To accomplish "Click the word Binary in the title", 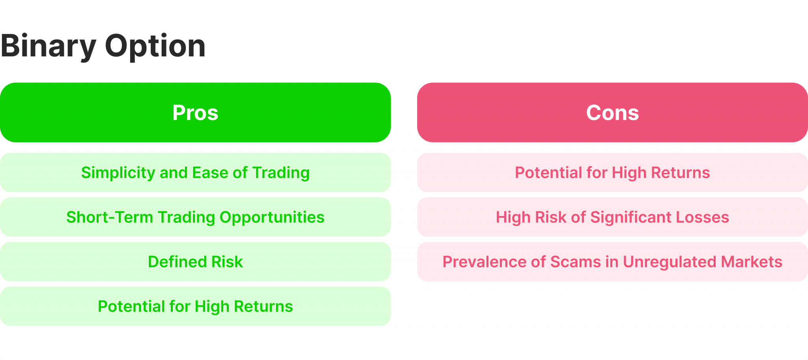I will point(48,46).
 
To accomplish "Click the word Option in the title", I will point(155,46).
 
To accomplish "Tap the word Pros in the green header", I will point(195,113).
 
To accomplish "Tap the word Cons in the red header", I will point(612,113).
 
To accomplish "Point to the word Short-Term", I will point(109,217).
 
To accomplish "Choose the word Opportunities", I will point(272,218).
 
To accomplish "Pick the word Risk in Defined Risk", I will point(227,262).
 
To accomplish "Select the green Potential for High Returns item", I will point(195,306).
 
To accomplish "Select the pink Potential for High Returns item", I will point(612,173).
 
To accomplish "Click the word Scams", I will point(575,262).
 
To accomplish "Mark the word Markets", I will point(752,262).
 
